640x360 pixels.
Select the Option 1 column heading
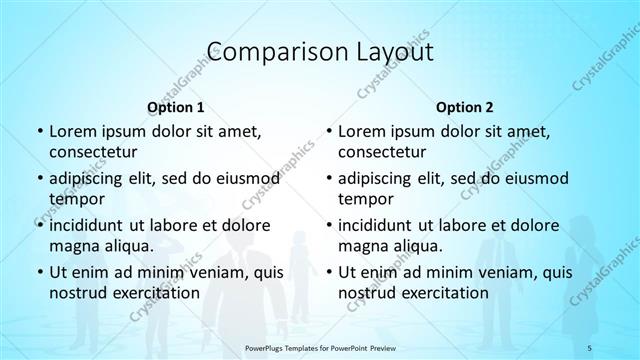(175, 105)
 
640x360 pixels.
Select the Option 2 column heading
(464, 105)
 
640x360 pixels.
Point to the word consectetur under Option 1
(94, 151)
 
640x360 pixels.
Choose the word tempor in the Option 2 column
(364, 197)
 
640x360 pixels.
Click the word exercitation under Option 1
(156, 292)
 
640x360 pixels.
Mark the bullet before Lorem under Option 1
(38, 131)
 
